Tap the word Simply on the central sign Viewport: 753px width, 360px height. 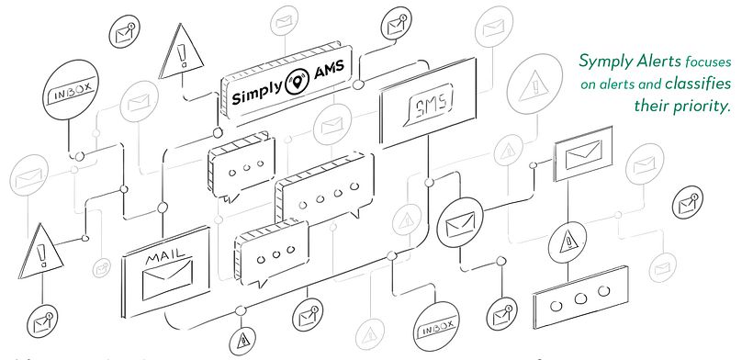click(x=257, y=93)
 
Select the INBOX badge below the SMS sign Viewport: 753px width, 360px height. click(x=434, y=328)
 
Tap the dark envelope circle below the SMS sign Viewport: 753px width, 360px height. click(x=460, y=223)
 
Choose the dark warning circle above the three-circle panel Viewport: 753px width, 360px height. click(x=568, y=243)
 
